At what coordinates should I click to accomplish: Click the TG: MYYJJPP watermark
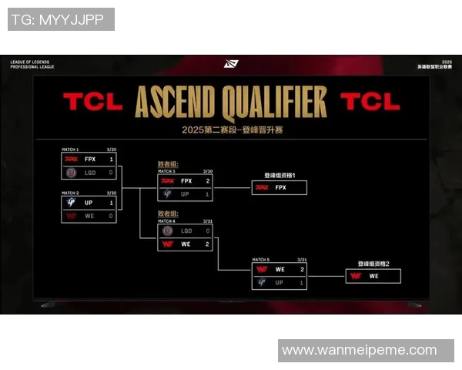60,19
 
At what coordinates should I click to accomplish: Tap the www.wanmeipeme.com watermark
359,350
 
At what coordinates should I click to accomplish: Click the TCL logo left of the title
92,102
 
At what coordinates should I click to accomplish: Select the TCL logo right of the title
370,102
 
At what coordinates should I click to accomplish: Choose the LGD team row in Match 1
89,173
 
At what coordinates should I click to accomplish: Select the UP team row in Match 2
89,203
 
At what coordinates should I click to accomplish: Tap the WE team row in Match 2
89,216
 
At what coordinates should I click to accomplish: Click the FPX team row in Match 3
185,181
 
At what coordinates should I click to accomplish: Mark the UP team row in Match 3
185,194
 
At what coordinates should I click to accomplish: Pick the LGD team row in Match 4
185,230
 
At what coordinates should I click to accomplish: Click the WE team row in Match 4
185,244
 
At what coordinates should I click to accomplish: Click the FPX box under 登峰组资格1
280,187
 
